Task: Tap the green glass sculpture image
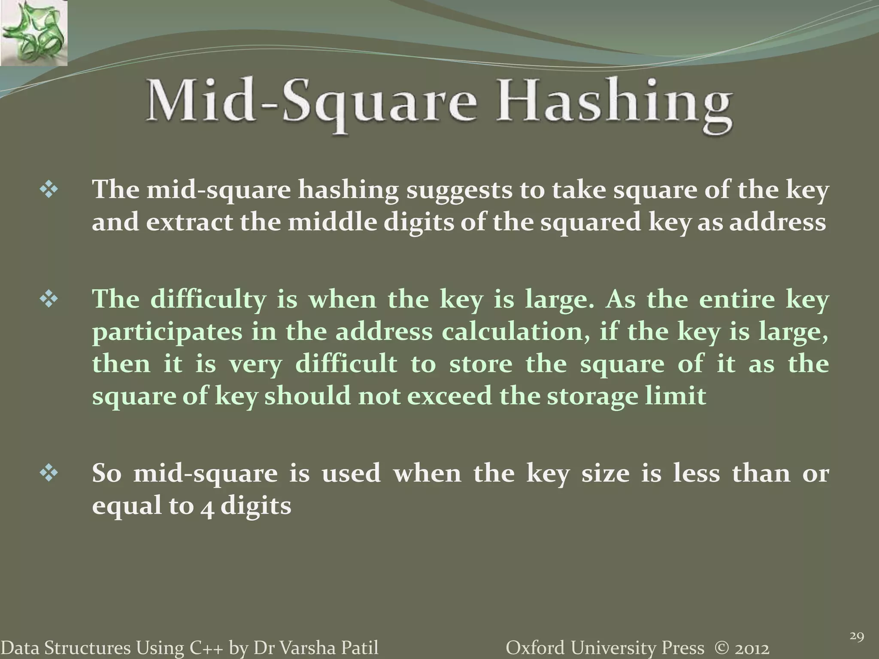point(33,33)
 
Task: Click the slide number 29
point(857,636)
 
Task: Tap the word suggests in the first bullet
point(459,190)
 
